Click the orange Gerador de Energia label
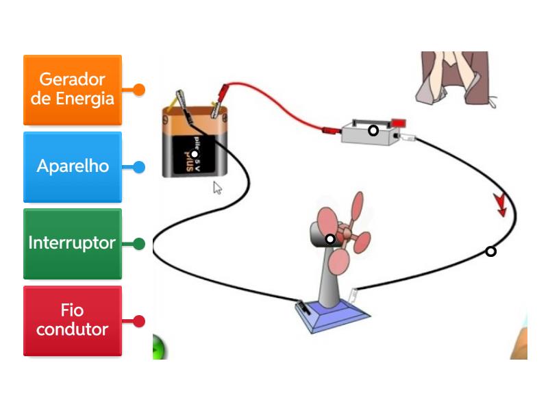coord(73,90)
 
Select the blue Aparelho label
coord(73,166)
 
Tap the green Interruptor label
coord(73,243)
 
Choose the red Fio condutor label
coord(73,321)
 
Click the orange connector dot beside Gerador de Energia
coord(139,90)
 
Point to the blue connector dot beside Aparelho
coord(139,166)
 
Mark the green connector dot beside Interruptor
coord(139,243)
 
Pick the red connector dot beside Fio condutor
coord(139,321)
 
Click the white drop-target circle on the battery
coord(195,154)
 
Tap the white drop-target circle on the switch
coord(373,130)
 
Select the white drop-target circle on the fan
coord(330,239)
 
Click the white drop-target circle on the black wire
coord(490,251)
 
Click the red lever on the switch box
coord(398,123)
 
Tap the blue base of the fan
coord(332,315)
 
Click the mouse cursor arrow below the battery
coord(217,188)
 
